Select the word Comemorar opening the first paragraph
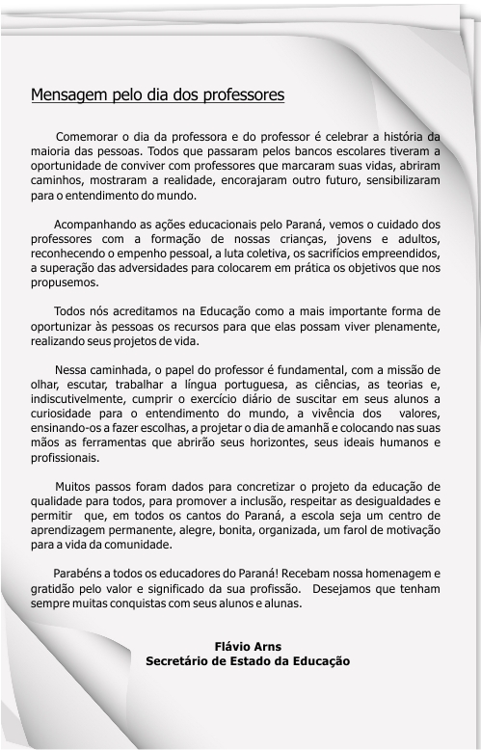point(91,136)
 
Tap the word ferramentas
point(123,442)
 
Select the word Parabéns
point(81,573)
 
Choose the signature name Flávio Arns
point(247,646)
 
